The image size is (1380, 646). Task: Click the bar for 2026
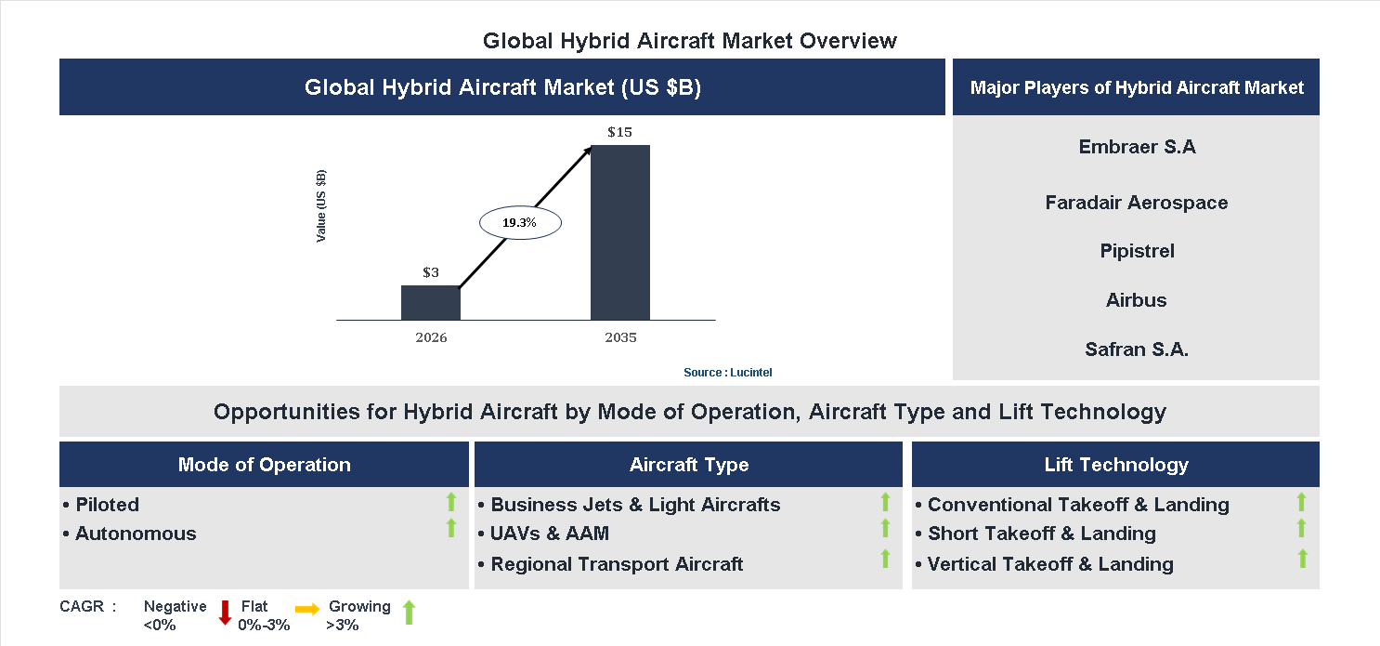point(431,302)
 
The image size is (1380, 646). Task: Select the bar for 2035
point(620,232)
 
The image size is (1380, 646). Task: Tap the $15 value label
point(619,132)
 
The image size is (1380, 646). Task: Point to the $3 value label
point(431,272)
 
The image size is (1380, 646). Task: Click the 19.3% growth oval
point(520,223)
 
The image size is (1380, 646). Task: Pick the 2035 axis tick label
point(620,337)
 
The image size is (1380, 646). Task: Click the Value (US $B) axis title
point(321,206)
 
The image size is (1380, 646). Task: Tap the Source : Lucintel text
point(727,372)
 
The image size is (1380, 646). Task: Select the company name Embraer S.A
point(1137,147)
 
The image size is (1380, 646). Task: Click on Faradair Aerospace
point(1136,203)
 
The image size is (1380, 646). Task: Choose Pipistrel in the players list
point(1137,251)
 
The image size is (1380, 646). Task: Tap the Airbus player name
point(1136,300)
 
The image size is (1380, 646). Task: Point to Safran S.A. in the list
point(1137,349)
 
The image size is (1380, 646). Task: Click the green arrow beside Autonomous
point(451,529)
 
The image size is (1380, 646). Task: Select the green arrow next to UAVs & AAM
point(885,529)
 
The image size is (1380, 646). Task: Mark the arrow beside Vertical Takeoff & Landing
point(1302,559)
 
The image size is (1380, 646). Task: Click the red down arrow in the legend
point(225,613)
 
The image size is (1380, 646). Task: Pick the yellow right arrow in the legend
point(307,609)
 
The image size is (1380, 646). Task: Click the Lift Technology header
point(1115,465)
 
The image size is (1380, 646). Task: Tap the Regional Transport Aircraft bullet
point(617,564)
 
